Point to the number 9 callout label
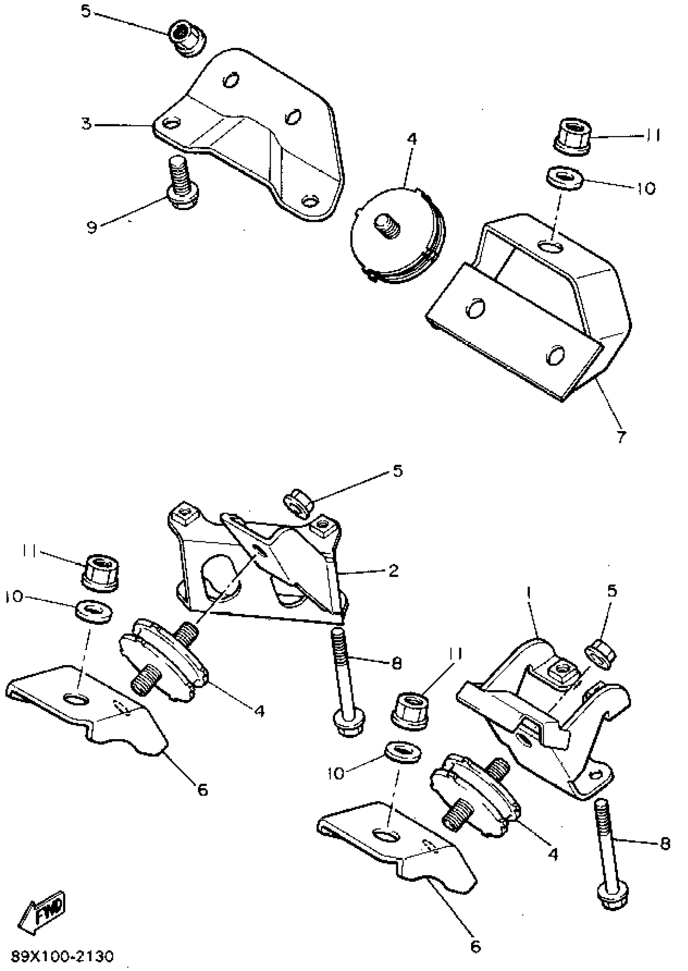(91, 227)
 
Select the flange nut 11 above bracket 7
(572, 136)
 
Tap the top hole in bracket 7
(552, 245)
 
